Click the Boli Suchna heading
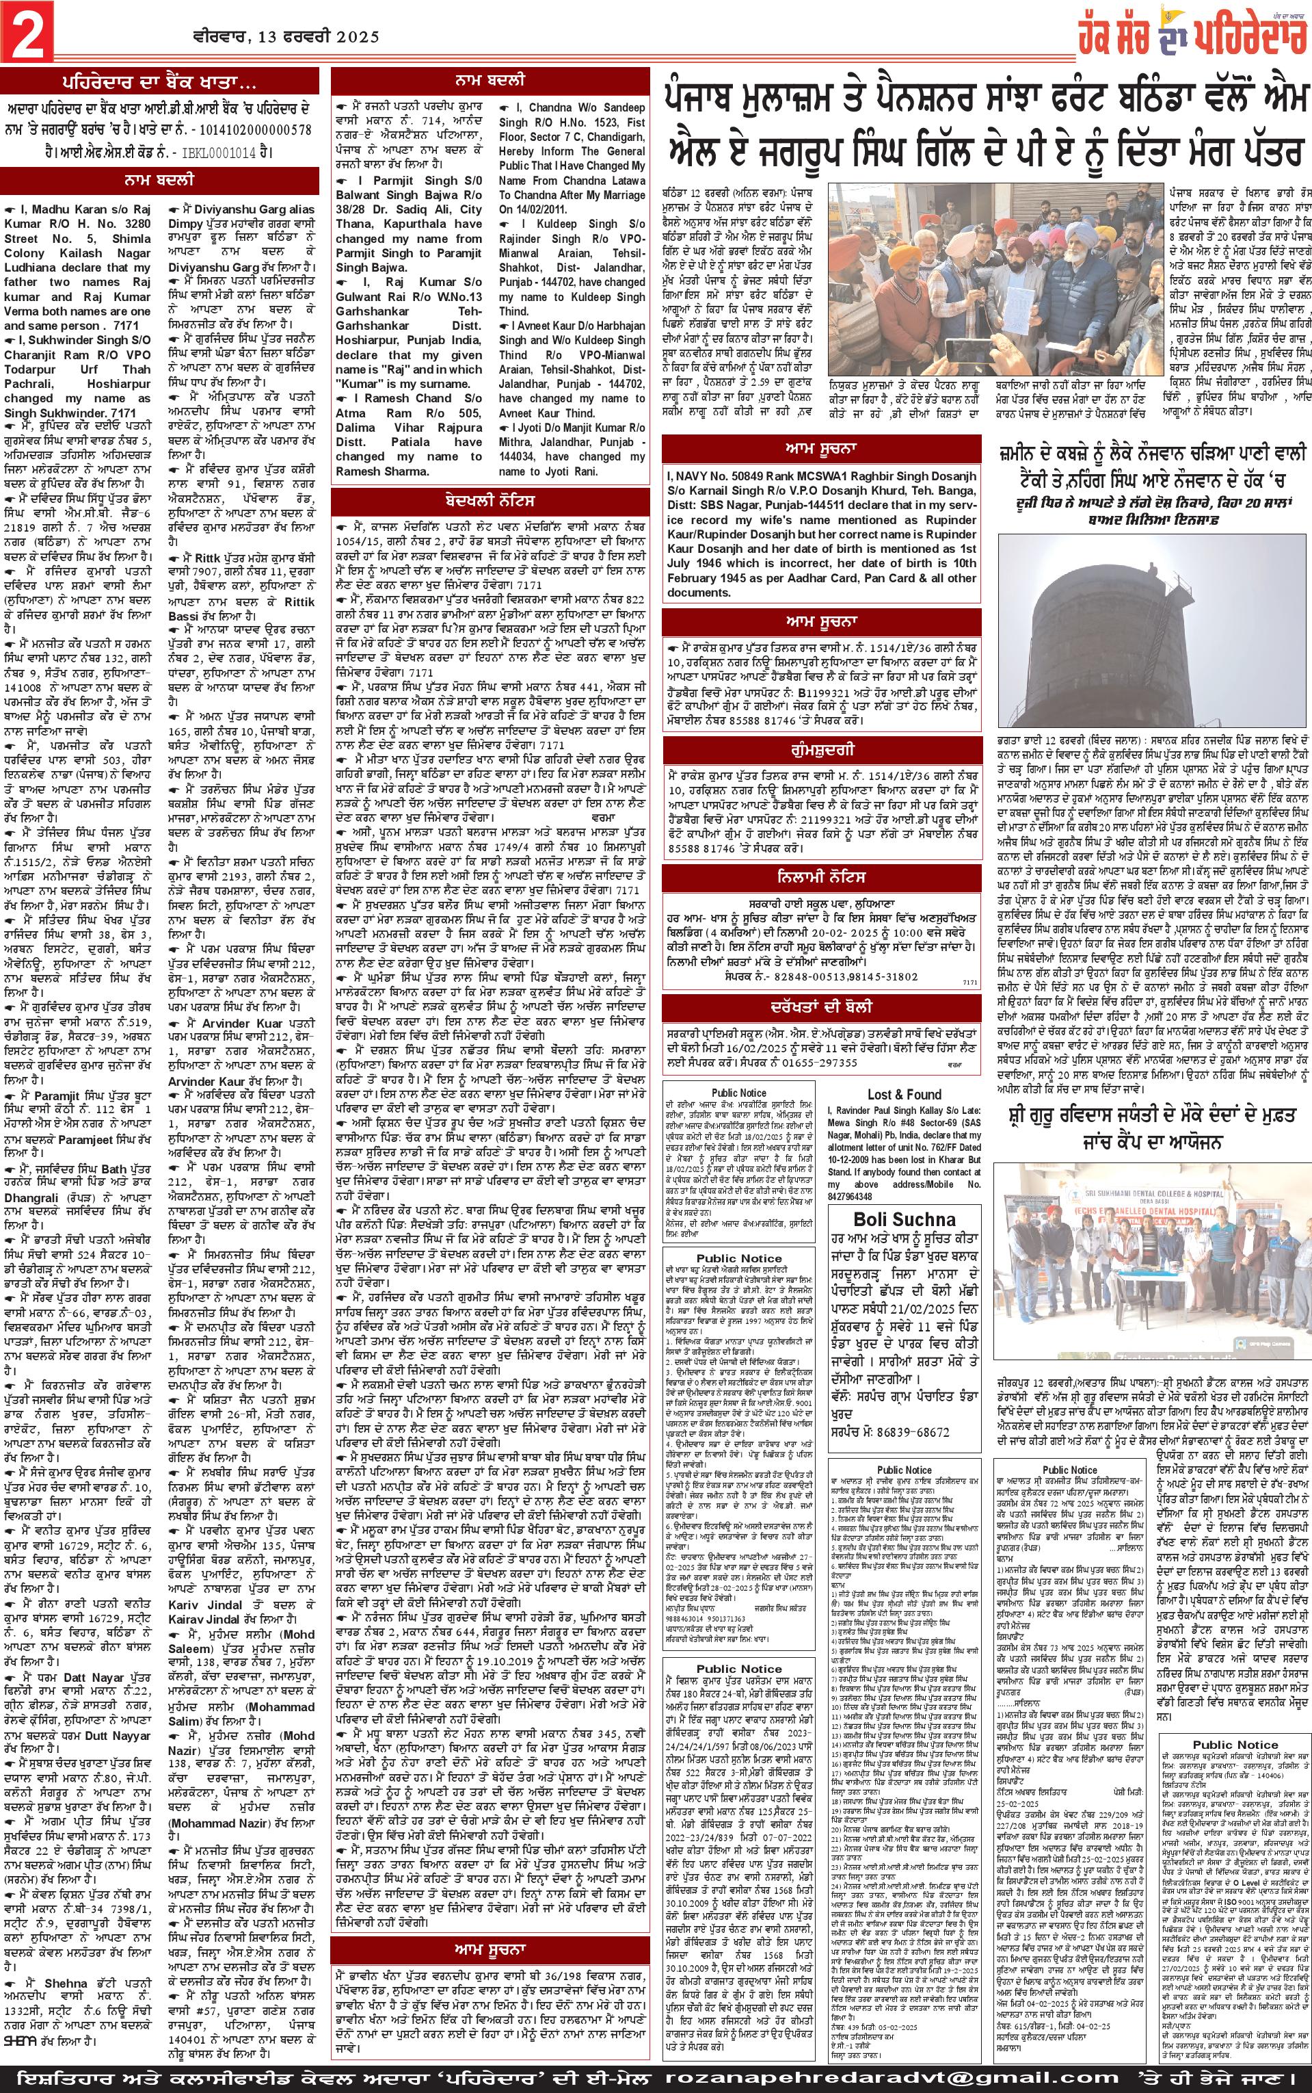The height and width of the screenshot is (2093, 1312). pyautogui.click(x=903, y=1218)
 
